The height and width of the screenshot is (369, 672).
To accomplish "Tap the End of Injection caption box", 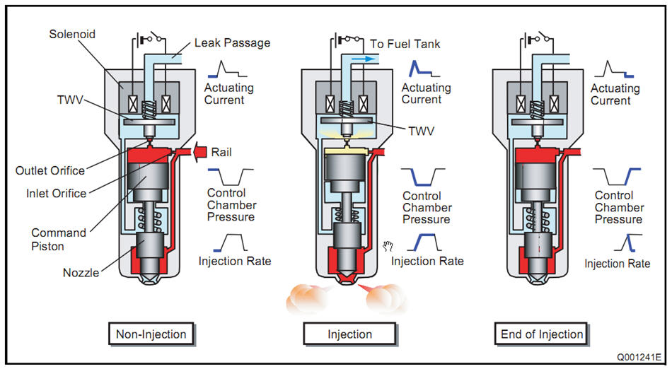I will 541,334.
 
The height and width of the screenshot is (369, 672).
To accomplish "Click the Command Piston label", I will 59,238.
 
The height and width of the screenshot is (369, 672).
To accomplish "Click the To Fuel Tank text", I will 405,44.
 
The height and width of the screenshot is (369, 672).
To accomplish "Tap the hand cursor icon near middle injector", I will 388,246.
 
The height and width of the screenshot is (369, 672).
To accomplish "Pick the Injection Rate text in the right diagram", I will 617,264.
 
